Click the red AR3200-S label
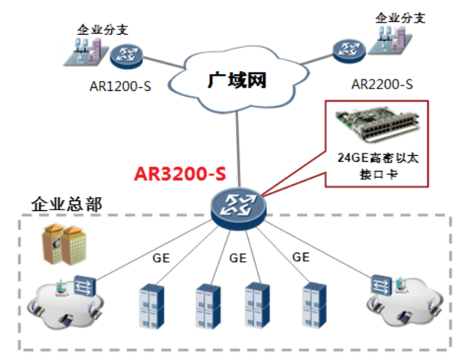coord(180,174)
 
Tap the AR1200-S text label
coord(120,86)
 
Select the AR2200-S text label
coord(382,84)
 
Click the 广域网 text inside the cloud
coord(237,80)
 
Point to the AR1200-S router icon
coord(126,56)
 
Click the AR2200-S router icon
coord(349,51)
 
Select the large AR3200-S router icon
coord(239,209)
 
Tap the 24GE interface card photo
coord(378,126)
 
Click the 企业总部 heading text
coord(67,204)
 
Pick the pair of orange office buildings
coord(64,244)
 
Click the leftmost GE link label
coord(161,258)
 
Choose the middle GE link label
coord(237,258)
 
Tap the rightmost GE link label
coord(301,257)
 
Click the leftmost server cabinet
coord(151,306)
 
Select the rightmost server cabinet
coord(314,305)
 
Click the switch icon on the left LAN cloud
coord(85,286)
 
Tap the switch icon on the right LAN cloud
coord(381,285)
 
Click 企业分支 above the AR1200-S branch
coord(103,29)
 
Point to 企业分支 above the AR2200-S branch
coord(400,18)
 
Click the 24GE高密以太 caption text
coord(378,158)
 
